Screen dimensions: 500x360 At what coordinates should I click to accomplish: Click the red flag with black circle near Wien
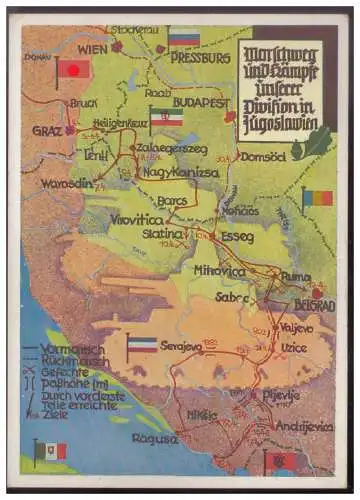[75, 69]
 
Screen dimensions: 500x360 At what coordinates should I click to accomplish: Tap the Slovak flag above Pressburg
[183, 38]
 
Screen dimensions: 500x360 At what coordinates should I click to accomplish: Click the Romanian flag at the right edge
[317, 198]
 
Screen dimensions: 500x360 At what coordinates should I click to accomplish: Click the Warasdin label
[64, 183]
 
